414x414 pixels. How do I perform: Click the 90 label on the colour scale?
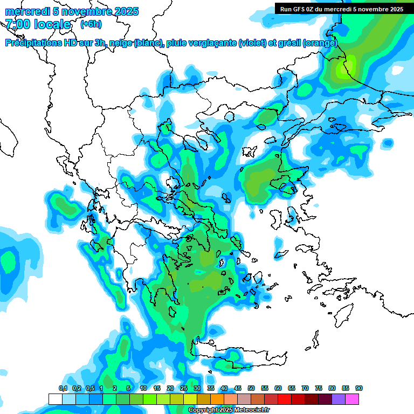(359, 388)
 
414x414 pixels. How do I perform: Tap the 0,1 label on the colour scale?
(63, 388)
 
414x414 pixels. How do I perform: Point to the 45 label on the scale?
(238, 388)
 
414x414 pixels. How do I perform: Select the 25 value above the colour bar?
(184, 388)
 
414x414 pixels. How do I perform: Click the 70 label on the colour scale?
(305, 388)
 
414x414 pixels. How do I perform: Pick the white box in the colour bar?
(56, 399)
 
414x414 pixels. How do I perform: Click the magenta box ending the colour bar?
(352, 399)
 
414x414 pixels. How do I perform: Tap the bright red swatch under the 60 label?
(285, 399)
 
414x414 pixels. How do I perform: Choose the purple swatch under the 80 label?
(339, 399)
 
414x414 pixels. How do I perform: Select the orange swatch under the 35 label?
(217, 399)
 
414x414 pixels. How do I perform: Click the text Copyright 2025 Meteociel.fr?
(229, 410)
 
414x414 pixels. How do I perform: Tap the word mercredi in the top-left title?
(25, 11)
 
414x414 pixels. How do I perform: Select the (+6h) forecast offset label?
(91, 24)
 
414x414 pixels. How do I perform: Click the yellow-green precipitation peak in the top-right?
(344, 68)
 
